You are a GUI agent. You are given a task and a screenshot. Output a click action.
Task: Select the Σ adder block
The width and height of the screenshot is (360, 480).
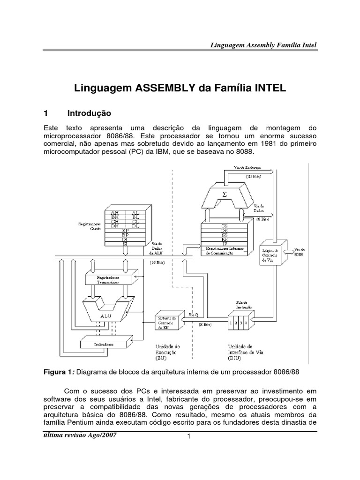click(224, 193)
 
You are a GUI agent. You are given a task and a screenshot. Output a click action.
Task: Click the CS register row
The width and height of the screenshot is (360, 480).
click(225, 226)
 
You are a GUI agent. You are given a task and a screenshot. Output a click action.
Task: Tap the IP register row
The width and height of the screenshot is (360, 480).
click(225, 243)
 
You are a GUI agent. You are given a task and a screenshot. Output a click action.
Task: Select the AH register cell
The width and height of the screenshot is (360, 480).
click(115, 213)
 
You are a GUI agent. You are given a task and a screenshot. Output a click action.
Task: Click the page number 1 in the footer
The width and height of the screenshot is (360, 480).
click(187, 437)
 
